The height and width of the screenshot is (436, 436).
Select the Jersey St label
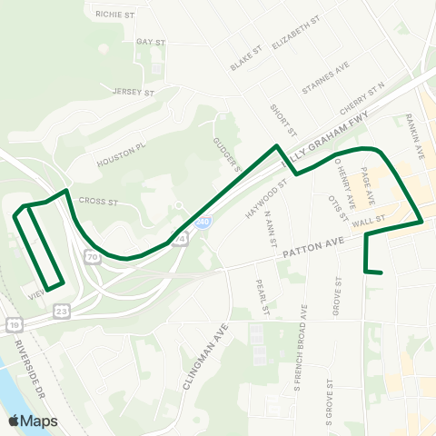tap(134, 92)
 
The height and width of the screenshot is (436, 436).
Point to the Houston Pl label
tap(122, 153)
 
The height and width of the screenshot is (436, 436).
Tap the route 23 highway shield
tap(61, 310)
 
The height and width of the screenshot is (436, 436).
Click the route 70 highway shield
tap(93, 258)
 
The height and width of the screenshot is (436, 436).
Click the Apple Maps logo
tap(33, 421)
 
